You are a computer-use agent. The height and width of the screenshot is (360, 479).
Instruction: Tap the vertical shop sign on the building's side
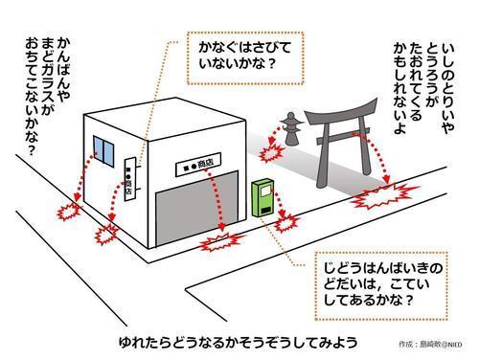[x=130, y=175]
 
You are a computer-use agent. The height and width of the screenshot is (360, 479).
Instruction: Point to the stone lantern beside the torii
[x=290, y=128]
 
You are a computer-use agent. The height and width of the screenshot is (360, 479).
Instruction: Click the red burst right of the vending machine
[x=286, y=222]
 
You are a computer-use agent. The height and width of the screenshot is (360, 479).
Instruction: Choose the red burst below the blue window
[x=68, y=208]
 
